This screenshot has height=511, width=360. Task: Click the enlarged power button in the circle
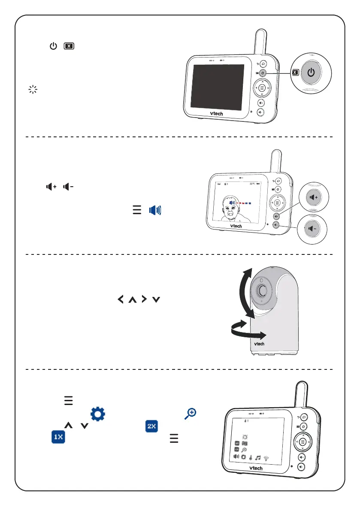[x=312, y=72]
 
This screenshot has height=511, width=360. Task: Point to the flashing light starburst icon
[x=33, y=90]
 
